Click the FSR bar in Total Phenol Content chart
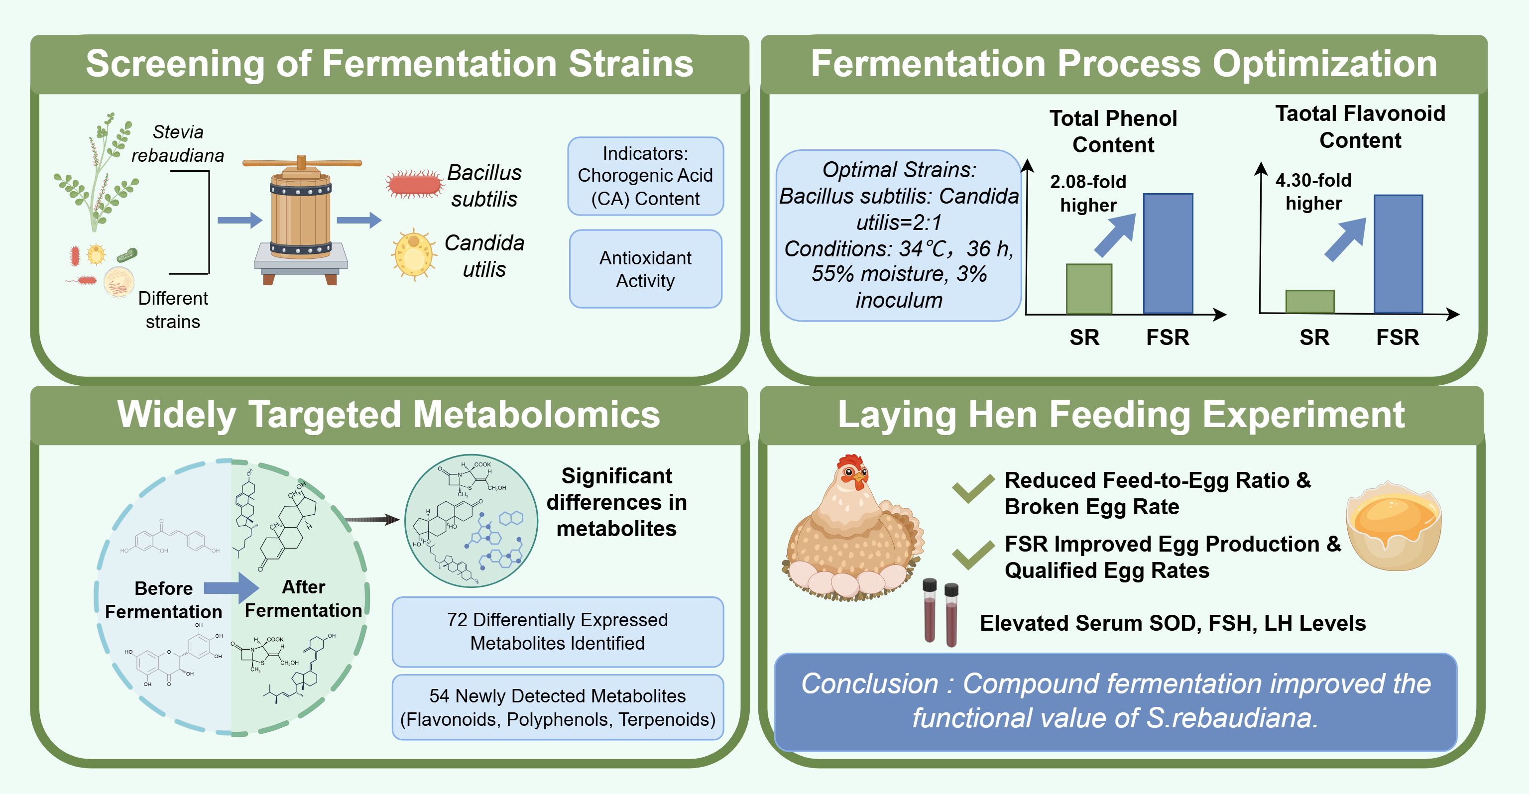click(x=1168, y=253)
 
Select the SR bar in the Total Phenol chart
click(x=1088, y=289)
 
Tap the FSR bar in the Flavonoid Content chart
click(x=1398, y=254)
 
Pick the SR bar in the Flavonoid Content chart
click(x=1309, y=302)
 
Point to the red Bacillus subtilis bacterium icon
click(x=414, y=185)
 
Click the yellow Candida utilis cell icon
click(x=413, y=254)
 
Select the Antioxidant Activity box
click(x=645, y=269)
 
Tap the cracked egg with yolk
click(x=1393, y=525)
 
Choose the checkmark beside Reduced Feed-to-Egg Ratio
click(x=972, y=488)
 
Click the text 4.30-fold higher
click(x=1313, y=191)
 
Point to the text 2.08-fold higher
click(x=1087, y=193)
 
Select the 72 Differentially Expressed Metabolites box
click(x=557, y=631)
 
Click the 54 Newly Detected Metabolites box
click(x=557, y=707)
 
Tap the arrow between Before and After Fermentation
click(x=232, y=587)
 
